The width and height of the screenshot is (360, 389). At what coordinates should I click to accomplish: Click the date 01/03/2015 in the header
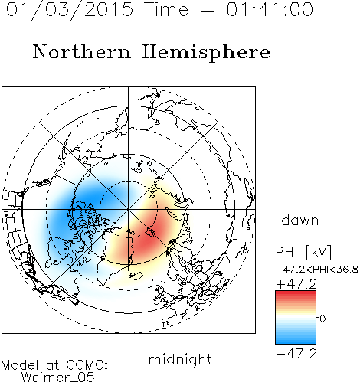[x=70, y=9]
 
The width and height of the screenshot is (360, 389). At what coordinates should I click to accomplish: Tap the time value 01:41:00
[x=270, y=9]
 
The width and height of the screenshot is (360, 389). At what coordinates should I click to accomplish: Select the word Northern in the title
[x=82, y=51]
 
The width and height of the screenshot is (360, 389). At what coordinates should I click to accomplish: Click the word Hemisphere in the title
[x=206, y=53]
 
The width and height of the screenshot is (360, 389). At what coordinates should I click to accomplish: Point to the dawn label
[x=300, y=220]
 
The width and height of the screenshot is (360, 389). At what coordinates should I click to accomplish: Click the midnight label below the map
[x=180, y=360]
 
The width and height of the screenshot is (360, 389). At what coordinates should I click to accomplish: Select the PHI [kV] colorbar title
[x=303, y=252]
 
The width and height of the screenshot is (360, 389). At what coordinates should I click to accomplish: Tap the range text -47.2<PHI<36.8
[x=317, y=270]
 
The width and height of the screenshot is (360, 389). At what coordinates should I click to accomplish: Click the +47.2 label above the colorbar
[x=296, y=284]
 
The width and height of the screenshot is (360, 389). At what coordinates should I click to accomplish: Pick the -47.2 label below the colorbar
[x=296, y=354]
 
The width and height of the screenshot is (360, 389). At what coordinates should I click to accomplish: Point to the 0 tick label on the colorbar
[x=322, y=319]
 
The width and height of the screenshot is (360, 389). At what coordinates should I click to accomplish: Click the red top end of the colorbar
[x=296, y=293]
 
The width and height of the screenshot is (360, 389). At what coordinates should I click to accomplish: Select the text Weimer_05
[x=58, y=377]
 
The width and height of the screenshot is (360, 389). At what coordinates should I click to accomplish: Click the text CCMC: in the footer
[x=87, y=365]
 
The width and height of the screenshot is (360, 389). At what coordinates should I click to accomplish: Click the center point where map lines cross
[x=129, y=209]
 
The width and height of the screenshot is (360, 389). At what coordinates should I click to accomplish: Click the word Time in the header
[x=166, y=9]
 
